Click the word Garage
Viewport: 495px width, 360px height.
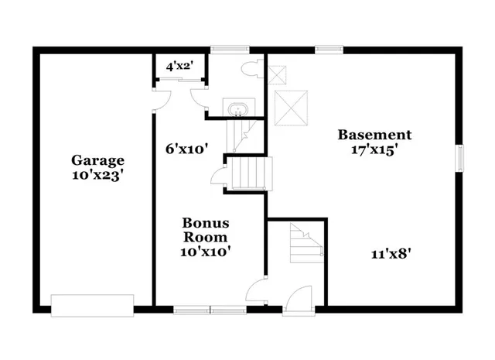97,160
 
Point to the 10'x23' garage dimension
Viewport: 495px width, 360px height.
97,175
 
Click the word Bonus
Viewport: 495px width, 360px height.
205,223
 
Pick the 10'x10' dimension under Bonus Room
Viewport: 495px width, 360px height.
205,251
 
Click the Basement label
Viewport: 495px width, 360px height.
374,135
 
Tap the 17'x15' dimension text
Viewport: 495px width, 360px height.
374,150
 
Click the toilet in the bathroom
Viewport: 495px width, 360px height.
250,70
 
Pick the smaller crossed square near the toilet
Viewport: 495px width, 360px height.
277,74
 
